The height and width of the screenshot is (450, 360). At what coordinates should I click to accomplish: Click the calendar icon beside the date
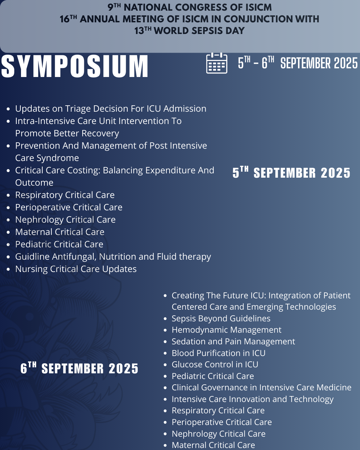217,63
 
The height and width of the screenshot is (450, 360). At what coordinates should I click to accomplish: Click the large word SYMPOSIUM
75,66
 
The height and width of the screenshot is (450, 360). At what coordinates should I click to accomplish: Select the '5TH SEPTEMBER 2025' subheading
291,173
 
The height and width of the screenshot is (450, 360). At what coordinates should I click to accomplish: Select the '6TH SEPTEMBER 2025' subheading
79,368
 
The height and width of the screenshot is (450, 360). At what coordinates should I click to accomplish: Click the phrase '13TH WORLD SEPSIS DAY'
189,31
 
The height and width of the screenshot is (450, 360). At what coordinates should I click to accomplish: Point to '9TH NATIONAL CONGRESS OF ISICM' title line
189,7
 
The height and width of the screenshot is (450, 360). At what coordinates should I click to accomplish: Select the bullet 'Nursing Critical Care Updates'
76,269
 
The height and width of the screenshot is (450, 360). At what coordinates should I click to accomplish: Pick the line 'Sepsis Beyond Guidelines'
221,318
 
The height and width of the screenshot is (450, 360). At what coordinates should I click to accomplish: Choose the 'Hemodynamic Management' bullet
226,330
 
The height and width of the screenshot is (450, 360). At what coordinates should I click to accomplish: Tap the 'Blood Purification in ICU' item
218,353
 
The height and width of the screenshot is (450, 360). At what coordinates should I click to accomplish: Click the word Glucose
186,365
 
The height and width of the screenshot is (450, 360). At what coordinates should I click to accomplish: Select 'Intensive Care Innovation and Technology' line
252,399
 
